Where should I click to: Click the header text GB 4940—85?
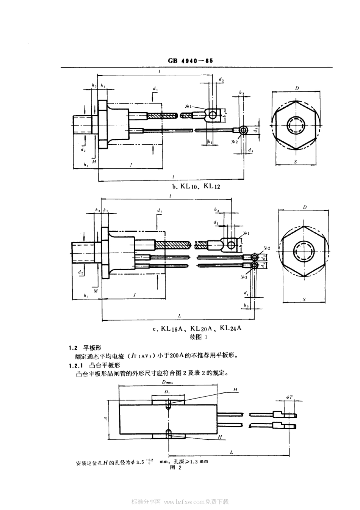coord(190,61)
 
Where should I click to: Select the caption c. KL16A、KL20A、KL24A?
coord(196,329)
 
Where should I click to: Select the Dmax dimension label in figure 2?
coord(167,382)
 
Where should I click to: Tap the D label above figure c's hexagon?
coord(305,207)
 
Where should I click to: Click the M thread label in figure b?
coord(94,162)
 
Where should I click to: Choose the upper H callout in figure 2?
coord(235,390)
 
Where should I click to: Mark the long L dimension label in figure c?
coord(179,315)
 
